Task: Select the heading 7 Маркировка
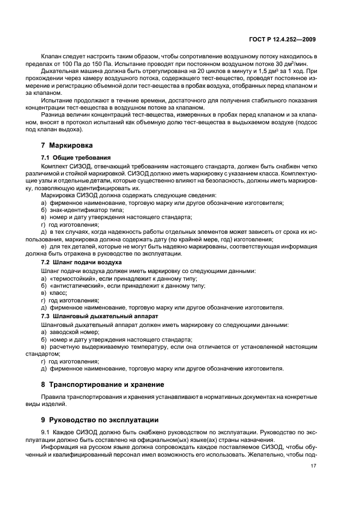(x=68, y=145)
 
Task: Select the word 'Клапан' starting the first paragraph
(x=51, y=57)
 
